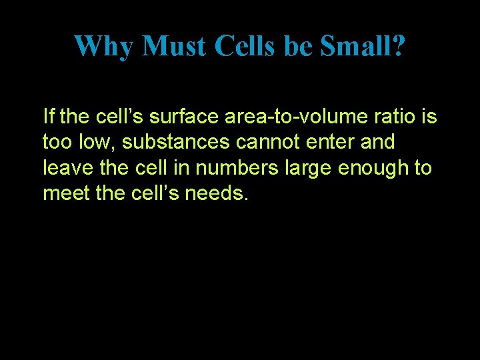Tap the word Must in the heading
pos(175,46)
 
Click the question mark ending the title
pos(397,46)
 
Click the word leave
pos(65,167)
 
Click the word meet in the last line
pos(63,193)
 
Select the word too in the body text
pos(55,142)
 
